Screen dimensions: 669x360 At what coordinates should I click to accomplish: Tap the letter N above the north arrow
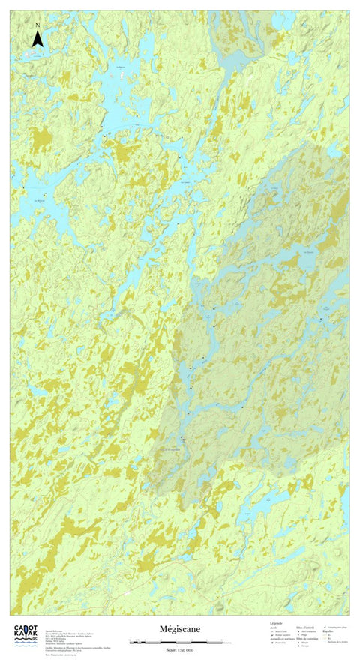[x=37, y=25]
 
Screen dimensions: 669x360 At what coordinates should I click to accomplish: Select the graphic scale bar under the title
[x=180, y=642]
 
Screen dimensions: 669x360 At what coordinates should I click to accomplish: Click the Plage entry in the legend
[x=304, y=634]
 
